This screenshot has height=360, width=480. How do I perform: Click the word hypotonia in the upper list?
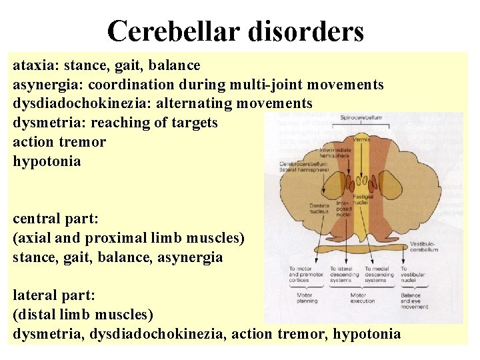47,161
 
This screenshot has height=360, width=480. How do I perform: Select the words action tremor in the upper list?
59,142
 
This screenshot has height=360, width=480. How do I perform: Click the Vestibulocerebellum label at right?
425,247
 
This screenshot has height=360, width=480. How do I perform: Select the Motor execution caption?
358,298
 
